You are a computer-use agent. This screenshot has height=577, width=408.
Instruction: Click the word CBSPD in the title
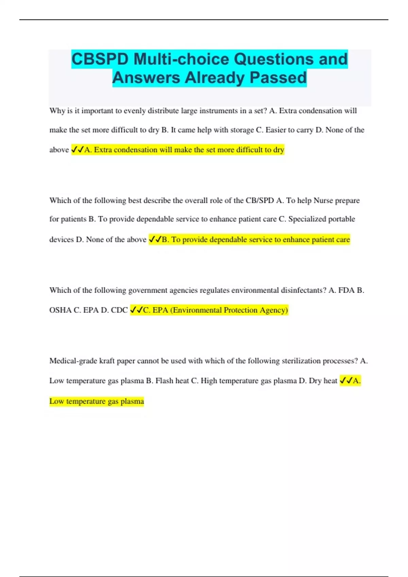(x=100, y=59)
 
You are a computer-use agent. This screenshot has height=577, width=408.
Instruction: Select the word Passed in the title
(x=278, y=78)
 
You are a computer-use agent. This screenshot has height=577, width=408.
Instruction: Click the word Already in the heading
(x=214, y=78)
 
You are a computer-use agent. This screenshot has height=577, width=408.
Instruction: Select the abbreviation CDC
(x=119, y=310)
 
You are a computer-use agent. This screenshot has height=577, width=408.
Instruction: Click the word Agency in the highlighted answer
(x=274, y=310)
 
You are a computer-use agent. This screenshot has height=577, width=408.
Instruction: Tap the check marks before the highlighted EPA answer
(x=136, y=310)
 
